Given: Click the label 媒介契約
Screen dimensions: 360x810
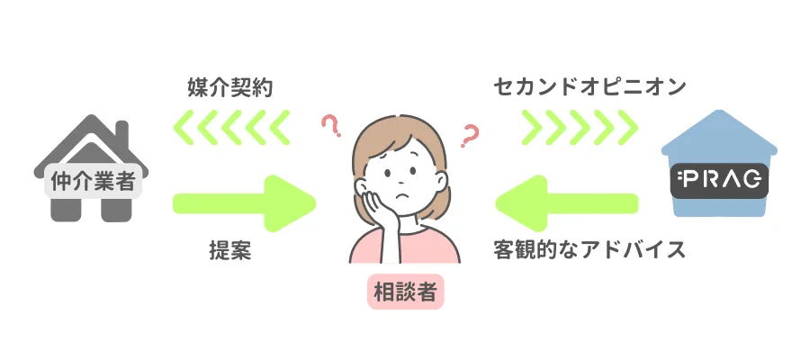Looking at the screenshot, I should (x=229, y=88).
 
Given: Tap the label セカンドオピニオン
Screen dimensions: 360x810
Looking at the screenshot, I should (x=589, y=88).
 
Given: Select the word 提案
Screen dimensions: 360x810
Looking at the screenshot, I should (x=229, y=250).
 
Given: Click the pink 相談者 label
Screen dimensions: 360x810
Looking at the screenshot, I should (x=405, y=292).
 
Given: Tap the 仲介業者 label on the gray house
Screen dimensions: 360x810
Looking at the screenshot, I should (x=90, y=182).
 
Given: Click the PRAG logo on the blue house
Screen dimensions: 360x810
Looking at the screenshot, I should (x=720, y=182).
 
